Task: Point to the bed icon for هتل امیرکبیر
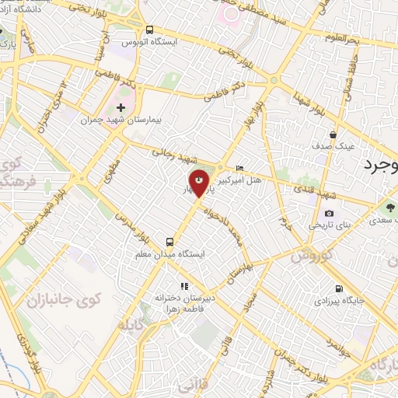point(240,168)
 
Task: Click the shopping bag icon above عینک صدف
point(333,134)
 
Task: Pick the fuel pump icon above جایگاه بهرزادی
point(337,288)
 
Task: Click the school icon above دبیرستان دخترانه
point(184,286)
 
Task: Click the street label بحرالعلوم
point(343,38)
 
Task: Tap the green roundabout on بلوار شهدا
point(273,79)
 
